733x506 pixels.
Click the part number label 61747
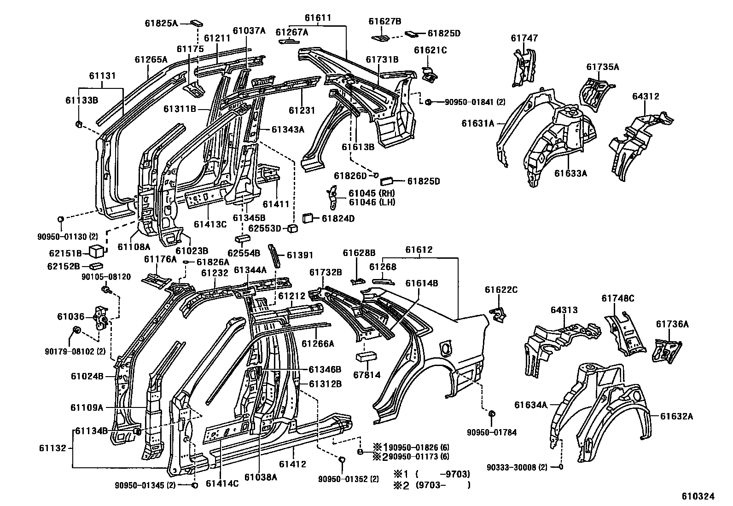[524, 39]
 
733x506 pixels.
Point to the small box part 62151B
[96, 252]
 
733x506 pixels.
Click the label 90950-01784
[491, 432]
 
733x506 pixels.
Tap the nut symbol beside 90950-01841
[428, 102]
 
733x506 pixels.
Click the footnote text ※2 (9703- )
[431, 484]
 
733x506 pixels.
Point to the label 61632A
[676, 416]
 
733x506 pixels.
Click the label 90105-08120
[106, 277]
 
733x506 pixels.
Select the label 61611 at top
[318, 18]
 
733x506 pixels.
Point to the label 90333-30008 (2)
[517, 467]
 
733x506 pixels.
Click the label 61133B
[81, 100]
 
